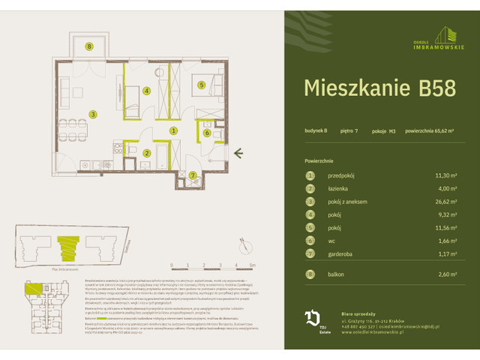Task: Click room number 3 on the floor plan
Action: pyautogui.click(x=92, y=114)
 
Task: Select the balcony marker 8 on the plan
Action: pyautogui.click(x=89, y=46)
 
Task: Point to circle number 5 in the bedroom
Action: pyautogui.click(x=202, y=85)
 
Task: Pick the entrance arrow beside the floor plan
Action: pyautogui.click(x=238, y=154)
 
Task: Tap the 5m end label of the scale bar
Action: pyautogui.click(x=253, y=265)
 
